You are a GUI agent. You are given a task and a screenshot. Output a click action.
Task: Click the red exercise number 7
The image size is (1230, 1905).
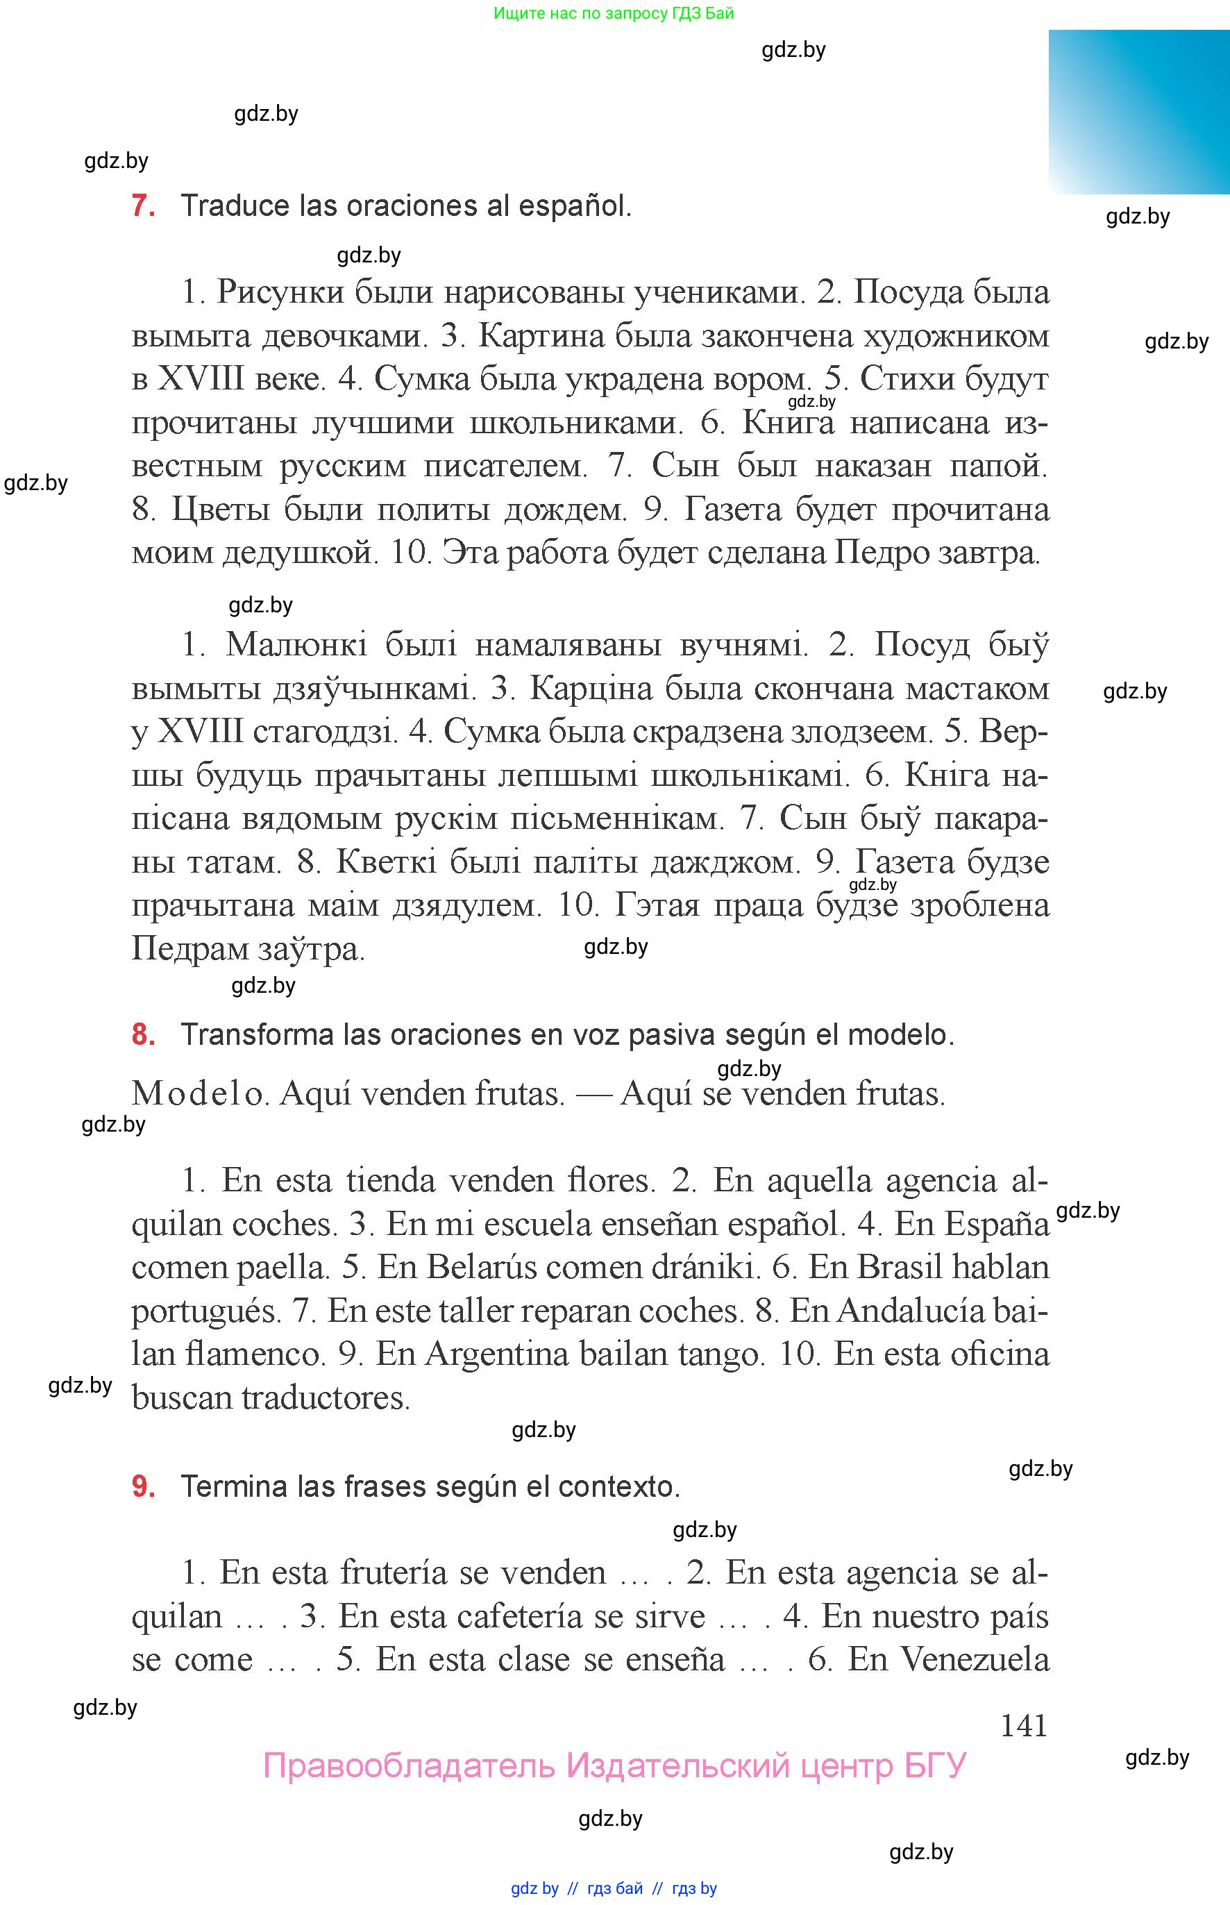[142, 206]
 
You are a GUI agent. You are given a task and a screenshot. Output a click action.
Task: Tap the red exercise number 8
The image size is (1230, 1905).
[142, 1034]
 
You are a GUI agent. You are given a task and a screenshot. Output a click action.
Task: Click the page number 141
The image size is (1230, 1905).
[1023, 1725]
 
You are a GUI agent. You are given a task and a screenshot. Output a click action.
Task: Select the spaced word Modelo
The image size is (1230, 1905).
[197, 1093]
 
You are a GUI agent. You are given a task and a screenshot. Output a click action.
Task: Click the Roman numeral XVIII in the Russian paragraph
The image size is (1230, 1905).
[201, 378]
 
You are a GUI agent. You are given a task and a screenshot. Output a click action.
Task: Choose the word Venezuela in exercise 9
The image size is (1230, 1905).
[975, 1659]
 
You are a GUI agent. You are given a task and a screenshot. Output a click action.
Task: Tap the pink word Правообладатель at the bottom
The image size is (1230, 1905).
[408, 1765]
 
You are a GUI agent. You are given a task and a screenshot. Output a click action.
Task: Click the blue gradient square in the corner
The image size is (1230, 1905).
[1138, 112]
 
